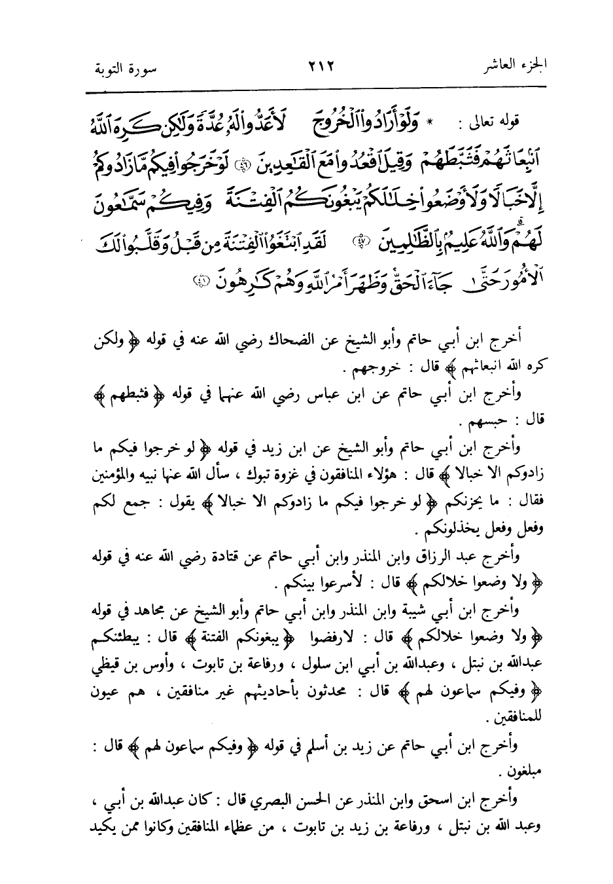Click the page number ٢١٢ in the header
pyautogui.click(x=317, y=67)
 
